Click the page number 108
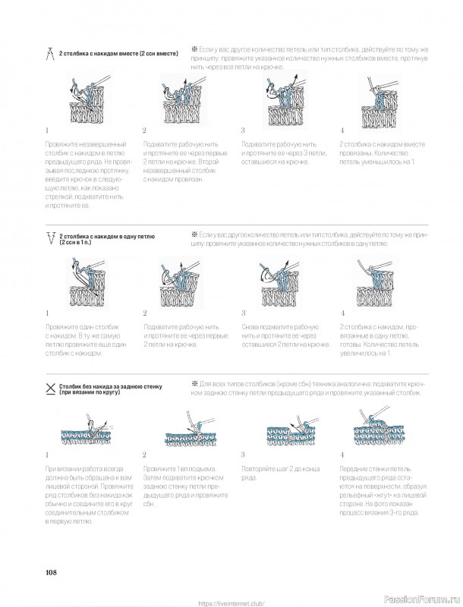[51, 571]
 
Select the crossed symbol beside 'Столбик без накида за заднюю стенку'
[50, 388]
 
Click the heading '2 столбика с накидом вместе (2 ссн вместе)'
[118, 54]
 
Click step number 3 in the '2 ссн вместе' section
[243, 130]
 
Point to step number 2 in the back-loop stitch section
[144, 454]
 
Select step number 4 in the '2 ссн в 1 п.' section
[342, 313]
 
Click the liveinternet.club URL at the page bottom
[231, 603]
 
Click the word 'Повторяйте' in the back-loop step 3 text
[257, 470]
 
